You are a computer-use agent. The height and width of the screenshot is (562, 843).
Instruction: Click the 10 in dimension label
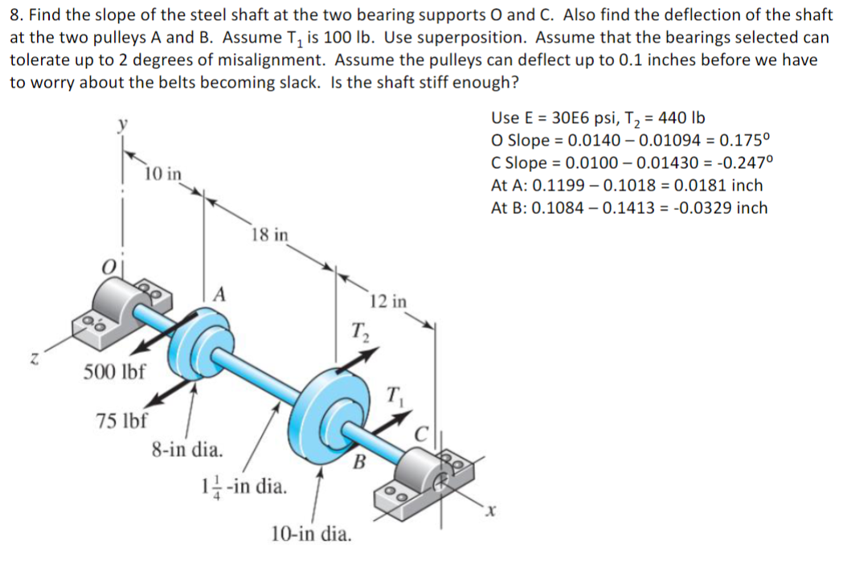tap(163, 174)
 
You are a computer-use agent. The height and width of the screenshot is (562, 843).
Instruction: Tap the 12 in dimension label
tap(389, 302)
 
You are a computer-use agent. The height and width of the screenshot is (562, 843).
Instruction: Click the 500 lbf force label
tap(113, 372)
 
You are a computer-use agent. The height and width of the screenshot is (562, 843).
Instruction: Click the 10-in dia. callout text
tap(311, 533)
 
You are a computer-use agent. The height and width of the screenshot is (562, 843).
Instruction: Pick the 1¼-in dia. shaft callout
tap(244, 486)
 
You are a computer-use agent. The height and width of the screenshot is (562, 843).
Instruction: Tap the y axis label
tap(123, 125)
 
